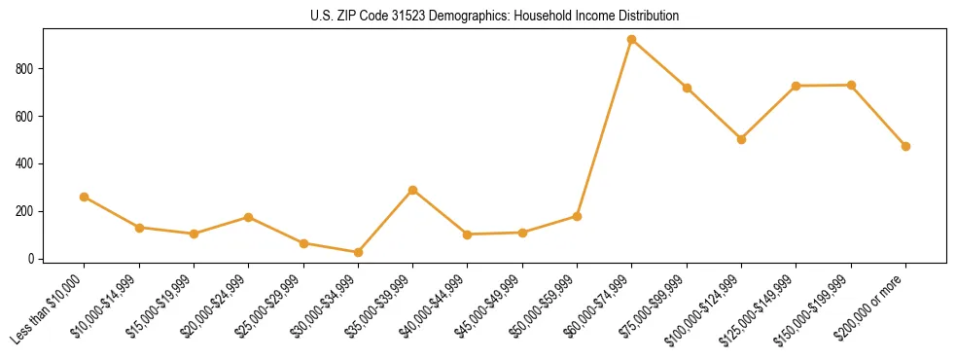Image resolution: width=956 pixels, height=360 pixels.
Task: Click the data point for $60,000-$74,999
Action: [632, 40]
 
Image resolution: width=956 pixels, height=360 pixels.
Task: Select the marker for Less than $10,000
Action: [85, 197]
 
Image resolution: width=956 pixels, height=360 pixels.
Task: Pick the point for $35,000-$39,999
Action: [413, 190]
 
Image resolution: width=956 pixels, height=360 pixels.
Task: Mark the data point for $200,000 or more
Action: [905, 146]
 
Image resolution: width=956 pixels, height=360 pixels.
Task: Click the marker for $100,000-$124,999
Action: [741, 139]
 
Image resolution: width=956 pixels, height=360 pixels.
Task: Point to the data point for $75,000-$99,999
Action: [687, 88]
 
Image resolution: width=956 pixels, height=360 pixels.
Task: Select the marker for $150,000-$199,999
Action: [851, 85]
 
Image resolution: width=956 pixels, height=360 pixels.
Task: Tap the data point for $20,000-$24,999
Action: [249, 217]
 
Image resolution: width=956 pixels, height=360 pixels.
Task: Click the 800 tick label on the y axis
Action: [26, 69]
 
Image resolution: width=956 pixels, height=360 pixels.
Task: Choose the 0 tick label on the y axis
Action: [32, 259]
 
